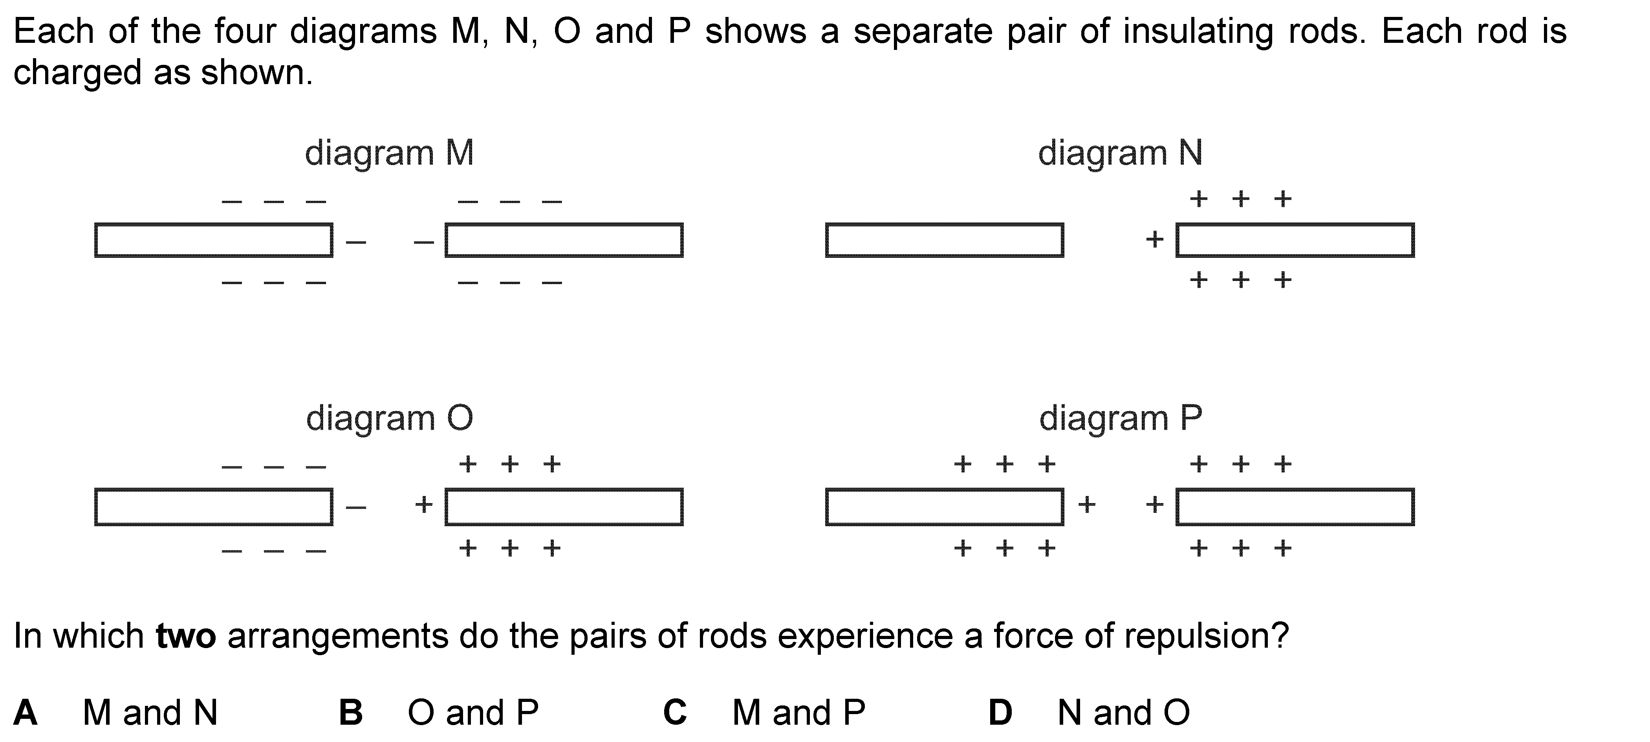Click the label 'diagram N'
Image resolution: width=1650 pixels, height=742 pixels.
point(1120,154)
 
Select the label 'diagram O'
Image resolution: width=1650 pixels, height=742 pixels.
point(390,419)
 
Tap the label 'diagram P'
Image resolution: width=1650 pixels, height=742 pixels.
point(1120,419)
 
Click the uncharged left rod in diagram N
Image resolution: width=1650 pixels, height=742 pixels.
point(944,240)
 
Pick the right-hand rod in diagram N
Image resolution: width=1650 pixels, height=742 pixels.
point(1295,240)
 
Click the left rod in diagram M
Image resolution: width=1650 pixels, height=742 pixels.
point(213,240)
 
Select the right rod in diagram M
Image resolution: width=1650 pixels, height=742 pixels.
point(564,240)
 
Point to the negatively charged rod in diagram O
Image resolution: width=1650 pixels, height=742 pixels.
point(213,507)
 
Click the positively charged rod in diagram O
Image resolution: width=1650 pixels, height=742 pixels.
point(564,507)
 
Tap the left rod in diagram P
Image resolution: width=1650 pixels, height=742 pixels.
point(944,507)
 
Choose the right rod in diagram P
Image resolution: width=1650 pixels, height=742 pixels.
point(1295,507)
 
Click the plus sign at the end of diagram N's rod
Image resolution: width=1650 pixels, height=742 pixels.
point(1154,240)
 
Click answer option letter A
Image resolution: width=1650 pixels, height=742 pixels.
point(25,713)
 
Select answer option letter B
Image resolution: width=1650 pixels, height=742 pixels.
point(350,713)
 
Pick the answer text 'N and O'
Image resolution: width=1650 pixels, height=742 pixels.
point(1123,713)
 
